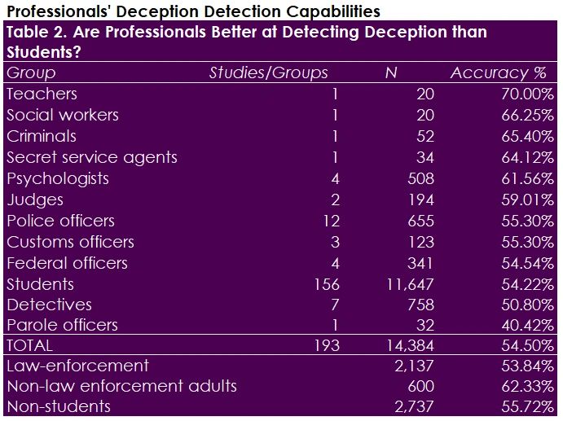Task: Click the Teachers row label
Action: pos(42,94)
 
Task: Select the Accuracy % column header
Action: pos(502,73)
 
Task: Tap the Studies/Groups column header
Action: pos(269,73)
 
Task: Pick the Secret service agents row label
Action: pos(92,158)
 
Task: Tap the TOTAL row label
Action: pos(29,346)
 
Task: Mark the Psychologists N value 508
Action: pos(421,179)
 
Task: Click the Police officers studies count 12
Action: pos(331,221)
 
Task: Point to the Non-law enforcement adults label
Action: pos(121,386)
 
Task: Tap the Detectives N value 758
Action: pos(421,305)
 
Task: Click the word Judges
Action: pos(35,200)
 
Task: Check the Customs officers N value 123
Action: pos(421,243)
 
